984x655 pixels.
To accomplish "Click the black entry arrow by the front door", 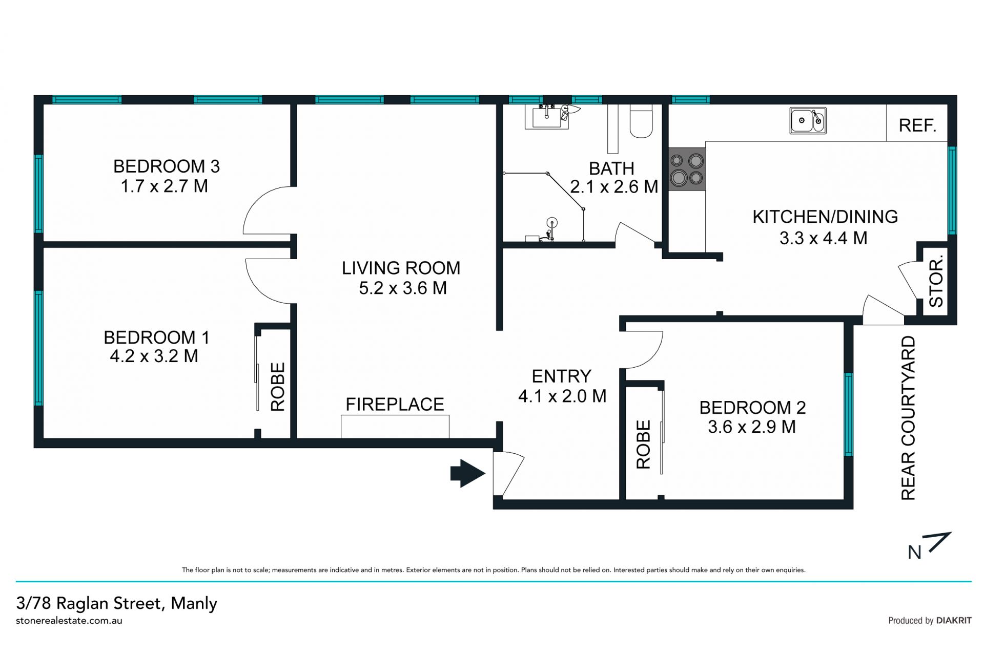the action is point(467,473).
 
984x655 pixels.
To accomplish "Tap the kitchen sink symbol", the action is point(808,121).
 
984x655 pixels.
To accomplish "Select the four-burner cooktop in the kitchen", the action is point(687,170).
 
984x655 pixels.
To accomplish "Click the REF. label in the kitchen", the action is point(917,125).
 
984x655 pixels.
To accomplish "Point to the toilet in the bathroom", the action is point(641,121).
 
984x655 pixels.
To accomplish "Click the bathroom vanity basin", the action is point(547,117).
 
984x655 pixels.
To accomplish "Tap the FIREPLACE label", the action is point(395,404).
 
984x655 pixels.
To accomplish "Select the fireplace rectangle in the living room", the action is point(395,427).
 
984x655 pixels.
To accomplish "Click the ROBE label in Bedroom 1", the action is point(277,387).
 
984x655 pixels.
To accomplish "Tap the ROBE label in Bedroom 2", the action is point(643,445).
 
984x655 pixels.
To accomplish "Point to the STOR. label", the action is point(936,283).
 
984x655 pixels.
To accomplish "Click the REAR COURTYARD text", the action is point(908,418).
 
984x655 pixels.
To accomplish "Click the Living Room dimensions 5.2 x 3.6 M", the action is point(402,288).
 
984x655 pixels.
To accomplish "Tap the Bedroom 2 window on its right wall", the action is point(849,414).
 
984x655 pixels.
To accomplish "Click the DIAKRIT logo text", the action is point(954,620).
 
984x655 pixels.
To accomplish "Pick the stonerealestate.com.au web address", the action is point(69,621).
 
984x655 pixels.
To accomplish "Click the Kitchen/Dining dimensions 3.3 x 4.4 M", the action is point(823,238).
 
